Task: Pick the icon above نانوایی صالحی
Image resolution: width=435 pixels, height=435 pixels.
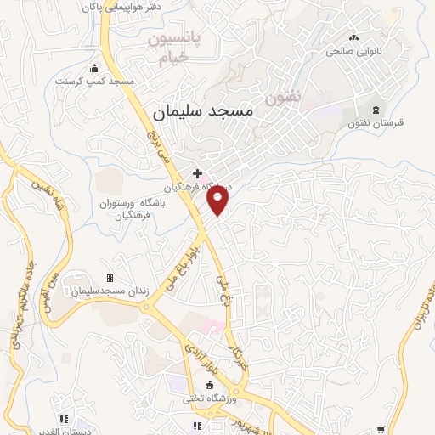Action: pyautogui.click(x=353, y=37)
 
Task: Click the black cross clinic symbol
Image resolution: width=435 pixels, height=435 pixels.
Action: pyautogui.click(x=197, y=172)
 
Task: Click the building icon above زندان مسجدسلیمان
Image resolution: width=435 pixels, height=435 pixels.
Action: pyautogui.click(x=110, y=279)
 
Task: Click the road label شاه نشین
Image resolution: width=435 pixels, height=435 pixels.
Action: pyautogui.click(x=48, y=195)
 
